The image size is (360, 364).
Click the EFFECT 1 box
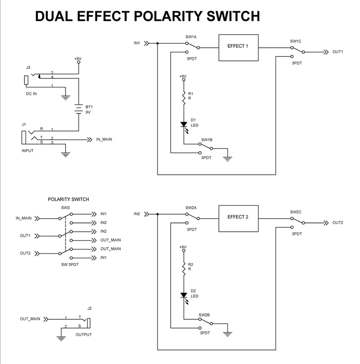(x=239, y=47)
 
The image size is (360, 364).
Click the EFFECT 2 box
(x=238, y=217)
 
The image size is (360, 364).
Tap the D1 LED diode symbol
(x=184, y=124)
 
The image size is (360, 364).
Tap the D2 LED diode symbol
(x=184, y=295)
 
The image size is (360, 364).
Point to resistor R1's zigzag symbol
(x=184, y=97)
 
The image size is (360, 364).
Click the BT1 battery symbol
(x=78, y=109)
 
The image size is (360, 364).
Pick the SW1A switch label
(x=191, y=36)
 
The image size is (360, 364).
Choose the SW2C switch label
(x=296, y=212)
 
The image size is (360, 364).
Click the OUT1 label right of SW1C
(x=338, y=52)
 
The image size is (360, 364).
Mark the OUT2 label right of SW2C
(x=338, y=222)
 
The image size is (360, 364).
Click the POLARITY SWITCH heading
(x=68, y=199)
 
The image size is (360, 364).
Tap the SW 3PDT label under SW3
(x=70, y=264)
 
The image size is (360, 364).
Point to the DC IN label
(x=31, y=94)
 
